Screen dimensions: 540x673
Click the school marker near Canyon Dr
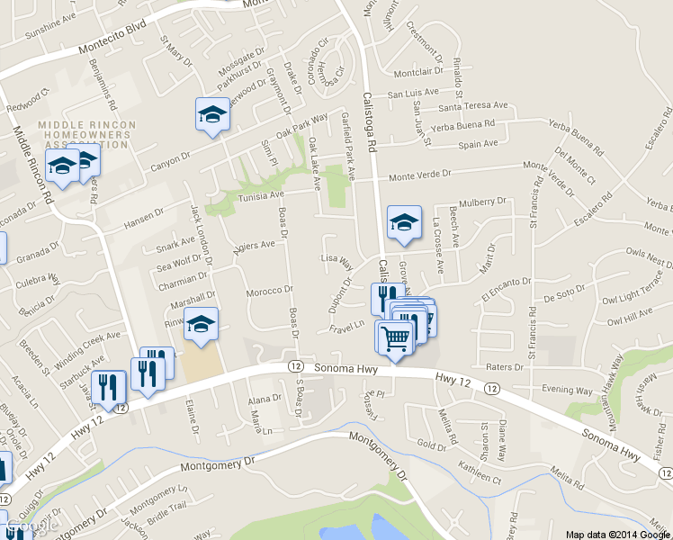pyautogui.click(x=212, y=114)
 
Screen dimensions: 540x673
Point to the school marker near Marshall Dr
pyautogui.click(x=202, y=325)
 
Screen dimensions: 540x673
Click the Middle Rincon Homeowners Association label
pyautogui.click(x=86, y=134)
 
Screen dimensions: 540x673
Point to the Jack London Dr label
pyautogui.click(x=200, y=233)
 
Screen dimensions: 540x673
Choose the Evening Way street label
pyautogui.click(x=567, y=390)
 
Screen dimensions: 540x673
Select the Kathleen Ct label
pyautogui.click(x=479, y=470)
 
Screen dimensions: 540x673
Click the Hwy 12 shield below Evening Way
pyautogui.click(x=491, y=388)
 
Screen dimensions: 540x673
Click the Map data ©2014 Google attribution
pyautogui.click(x=618, y=534)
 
